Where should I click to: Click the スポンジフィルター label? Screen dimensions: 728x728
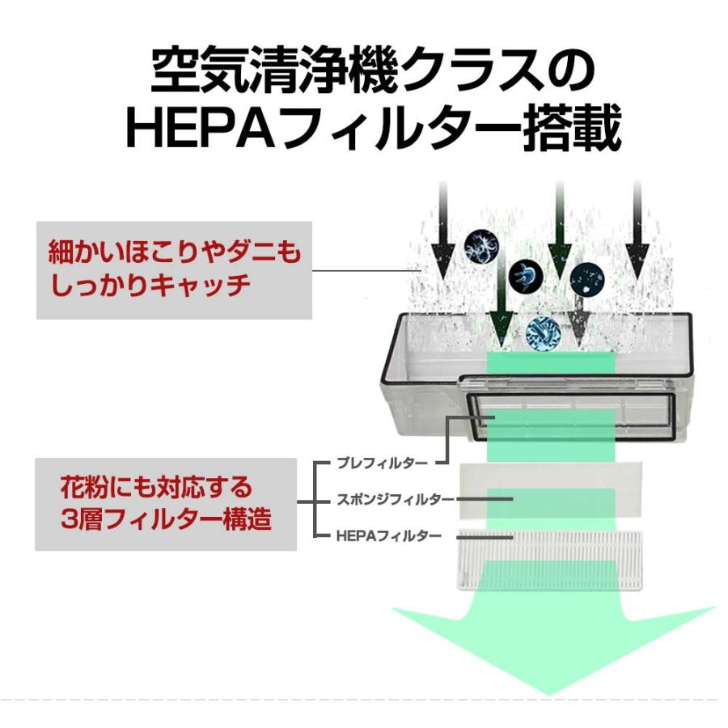pos(395,499)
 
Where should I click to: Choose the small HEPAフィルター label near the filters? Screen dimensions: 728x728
pos(387,535)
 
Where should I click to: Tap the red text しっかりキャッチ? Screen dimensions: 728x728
pos(148,286)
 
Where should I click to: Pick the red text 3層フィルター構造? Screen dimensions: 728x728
pos(166,518)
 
